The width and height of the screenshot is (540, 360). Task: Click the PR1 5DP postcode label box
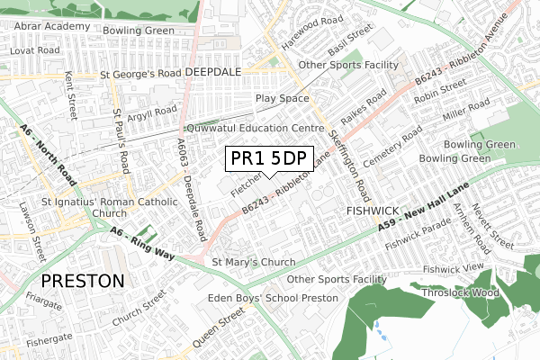(268, 159)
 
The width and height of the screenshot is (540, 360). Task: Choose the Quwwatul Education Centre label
(247, 129)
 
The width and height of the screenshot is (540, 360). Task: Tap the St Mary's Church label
(253, 263)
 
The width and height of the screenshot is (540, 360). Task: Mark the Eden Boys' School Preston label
(274, 298)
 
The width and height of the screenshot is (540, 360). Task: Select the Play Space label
(282, 96)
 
